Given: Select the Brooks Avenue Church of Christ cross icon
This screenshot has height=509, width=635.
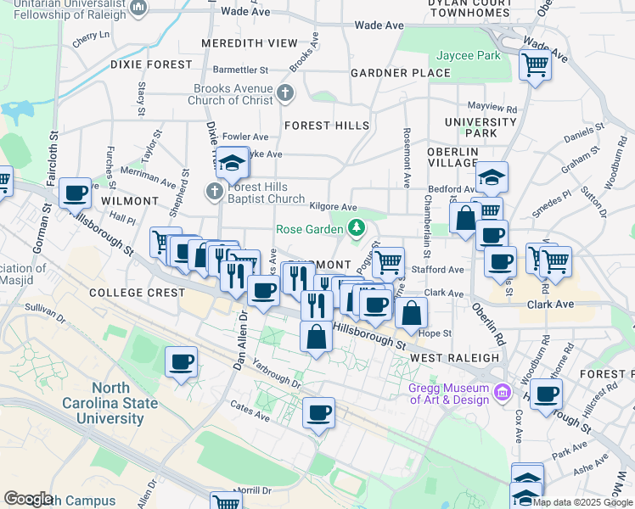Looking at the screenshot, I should (286, 92).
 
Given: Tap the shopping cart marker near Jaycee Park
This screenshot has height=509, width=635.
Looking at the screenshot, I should (536, 64).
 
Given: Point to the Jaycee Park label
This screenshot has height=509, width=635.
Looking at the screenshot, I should (469, 56).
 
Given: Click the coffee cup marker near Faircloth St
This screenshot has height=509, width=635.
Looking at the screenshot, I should (76, 193).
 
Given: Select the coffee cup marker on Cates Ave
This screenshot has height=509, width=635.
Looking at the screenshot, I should (318, 413).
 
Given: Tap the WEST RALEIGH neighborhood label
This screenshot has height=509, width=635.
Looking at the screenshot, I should (455, 358).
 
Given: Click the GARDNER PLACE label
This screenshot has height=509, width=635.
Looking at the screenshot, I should (401, 73).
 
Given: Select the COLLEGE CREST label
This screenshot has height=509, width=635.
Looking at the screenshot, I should (138, 293).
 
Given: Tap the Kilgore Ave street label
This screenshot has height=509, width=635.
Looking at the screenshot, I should (334, 206).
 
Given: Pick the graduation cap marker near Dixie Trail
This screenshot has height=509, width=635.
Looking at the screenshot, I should (231, 161).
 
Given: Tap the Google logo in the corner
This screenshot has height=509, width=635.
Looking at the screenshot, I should (29, 499).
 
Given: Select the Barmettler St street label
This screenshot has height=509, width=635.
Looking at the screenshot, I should (240, 70).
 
